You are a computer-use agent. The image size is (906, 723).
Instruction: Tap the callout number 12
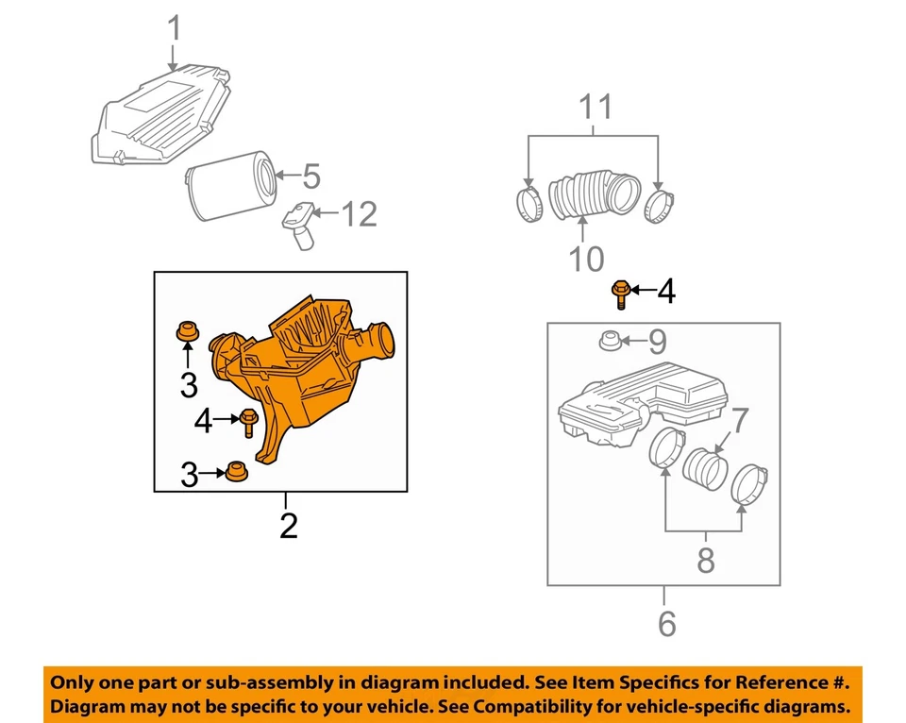358,214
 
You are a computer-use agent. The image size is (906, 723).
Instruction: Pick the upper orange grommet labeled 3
188,332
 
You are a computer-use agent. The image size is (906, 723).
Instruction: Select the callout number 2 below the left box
288,525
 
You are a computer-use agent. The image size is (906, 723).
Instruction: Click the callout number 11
595,107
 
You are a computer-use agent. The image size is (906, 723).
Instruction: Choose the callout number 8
705,560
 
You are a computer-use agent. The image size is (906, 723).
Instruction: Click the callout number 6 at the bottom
666,623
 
